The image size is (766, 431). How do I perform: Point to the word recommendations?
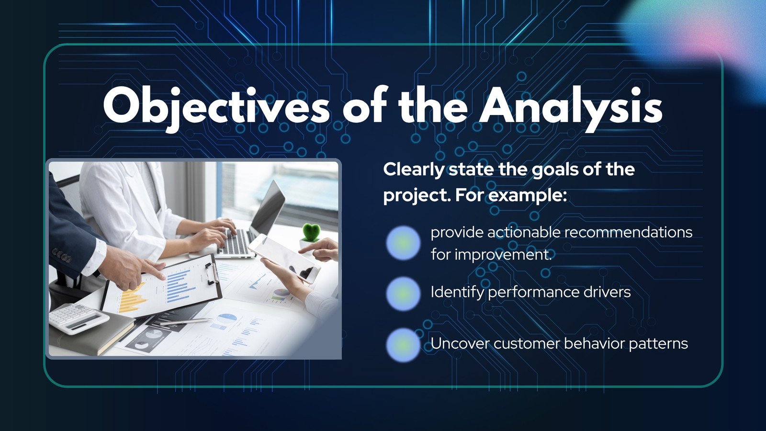(628, 232)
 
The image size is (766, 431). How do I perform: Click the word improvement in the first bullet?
(503, 255)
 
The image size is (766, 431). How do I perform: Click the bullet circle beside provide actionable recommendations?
(403, 243)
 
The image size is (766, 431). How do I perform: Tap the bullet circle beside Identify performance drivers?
(403, 294)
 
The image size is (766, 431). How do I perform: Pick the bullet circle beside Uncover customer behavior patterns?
(403, 345)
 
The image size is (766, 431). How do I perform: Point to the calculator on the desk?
(79, 318)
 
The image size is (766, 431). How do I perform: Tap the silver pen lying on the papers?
(186, 321)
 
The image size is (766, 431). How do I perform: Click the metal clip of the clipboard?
(212, 273)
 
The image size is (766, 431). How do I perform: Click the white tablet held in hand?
(284, 258)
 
